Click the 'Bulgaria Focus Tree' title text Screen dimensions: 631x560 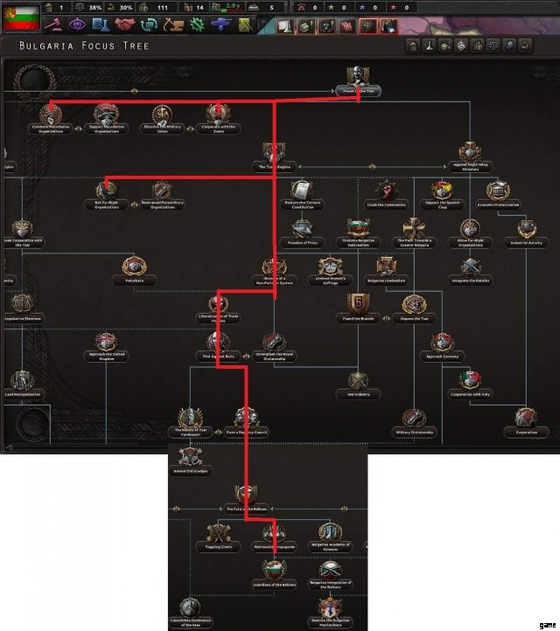[84, 45]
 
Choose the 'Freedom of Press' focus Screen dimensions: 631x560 [302, 231]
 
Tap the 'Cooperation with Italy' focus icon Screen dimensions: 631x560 [470, 381]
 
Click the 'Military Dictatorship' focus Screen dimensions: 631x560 [416, 420]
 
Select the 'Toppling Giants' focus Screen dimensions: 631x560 [220, 532]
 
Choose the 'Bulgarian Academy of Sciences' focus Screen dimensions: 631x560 [331, 532]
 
